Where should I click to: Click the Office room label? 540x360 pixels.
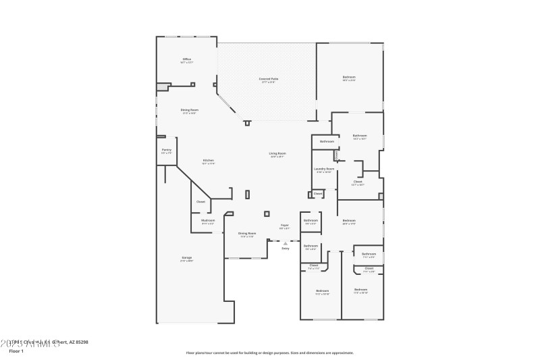coord(187,59)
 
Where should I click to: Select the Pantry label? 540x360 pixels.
coord(167,150)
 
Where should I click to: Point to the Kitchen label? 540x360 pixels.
coord(209,160)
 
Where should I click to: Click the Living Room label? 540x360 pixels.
coord(278,154)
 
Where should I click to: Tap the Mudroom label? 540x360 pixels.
coord(207,221)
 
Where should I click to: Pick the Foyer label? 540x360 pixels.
coord(285,226)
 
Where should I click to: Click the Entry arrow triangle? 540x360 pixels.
coord(286,243)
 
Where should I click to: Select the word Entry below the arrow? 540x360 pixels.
coord(286,249)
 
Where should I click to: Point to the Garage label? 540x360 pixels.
coord(186,258)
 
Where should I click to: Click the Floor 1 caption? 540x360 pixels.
coord(16,351)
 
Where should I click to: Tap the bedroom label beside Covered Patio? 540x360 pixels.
coord(349,78)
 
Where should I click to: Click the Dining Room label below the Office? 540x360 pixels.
coord(190,110)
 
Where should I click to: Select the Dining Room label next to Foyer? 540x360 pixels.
coord(247,234)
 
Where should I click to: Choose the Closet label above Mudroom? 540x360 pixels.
coord(200,202)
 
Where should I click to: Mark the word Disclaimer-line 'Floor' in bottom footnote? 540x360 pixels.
coord(192,352)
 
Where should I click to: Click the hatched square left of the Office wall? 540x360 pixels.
coord(162,86)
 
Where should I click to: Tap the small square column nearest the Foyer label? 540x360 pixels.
coord(267,213)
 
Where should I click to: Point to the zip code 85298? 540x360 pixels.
coord(81,342)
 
